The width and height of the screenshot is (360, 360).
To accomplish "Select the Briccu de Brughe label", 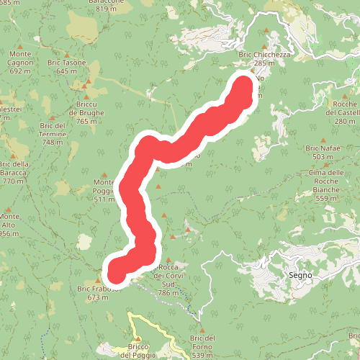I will tap(86, 112).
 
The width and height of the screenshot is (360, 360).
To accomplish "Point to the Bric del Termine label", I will tap(53, 133).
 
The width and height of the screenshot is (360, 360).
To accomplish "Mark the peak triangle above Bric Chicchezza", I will tap(266, 31).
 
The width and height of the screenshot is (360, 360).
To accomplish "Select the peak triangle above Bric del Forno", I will tap(203, 330).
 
